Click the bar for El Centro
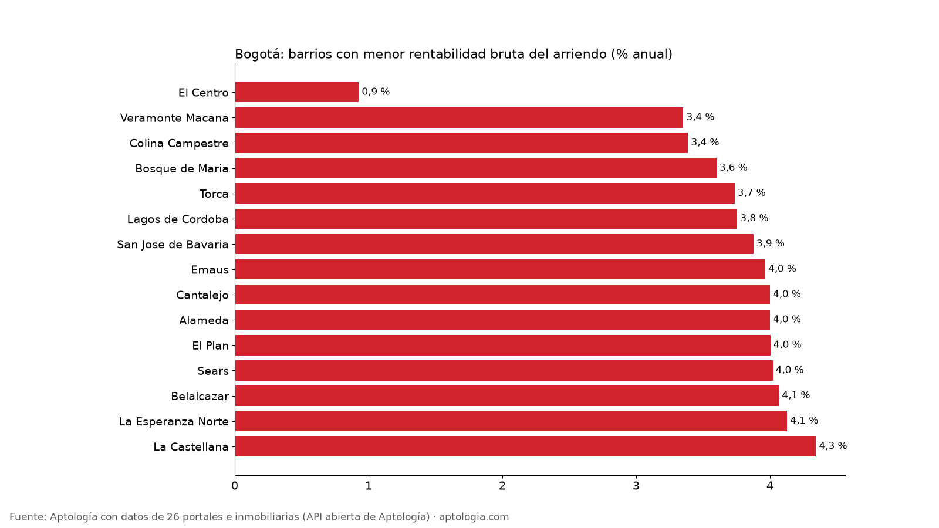[297, 92]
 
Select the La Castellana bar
[525, 446]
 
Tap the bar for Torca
[485, 193]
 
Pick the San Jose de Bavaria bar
[494, 244]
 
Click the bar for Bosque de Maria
[476, 168]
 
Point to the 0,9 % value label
[376, 92]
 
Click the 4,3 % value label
[833, 445]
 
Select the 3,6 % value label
[734, 167]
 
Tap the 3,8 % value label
[754, 218]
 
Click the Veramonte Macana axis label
[174, 118]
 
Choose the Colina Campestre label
[179, 143]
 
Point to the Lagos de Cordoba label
[178, 219]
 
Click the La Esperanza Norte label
[174, 422]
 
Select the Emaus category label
[210, 270]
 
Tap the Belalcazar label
[200, 396]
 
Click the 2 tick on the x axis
[502, 486]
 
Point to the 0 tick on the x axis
[235, 486]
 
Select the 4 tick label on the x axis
[769, 486]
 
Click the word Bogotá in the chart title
[259, 54]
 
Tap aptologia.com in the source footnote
[474, 517]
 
